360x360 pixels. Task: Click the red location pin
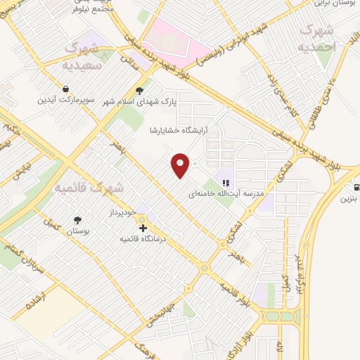point(181,165)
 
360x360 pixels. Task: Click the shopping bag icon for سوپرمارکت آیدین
point(65,89)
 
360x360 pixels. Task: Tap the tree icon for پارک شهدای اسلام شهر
point(140,90)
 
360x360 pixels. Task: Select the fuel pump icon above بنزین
point(357,188)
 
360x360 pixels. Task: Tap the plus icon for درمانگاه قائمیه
point(143,229)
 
